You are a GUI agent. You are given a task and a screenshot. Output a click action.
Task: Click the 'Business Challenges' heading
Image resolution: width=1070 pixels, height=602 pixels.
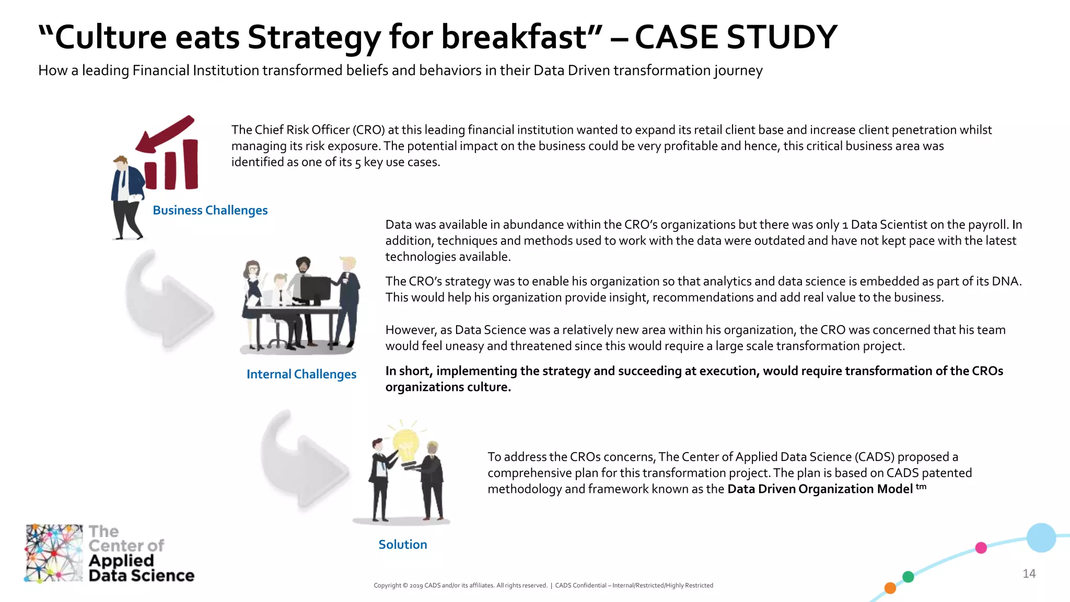210,210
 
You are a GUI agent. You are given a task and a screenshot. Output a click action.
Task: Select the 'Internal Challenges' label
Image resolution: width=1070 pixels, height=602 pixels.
301,374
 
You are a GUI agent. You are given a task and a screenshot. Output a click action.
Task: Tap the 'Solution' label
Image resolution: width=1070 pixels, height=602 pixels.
402,545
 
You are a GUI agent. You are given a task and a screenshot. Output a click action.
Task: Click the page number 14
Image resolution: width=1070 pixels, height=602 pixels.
1029,574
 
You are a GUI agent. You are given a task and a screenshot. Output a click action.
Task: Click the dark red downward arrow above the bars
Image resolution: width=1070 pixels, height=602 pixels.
164,134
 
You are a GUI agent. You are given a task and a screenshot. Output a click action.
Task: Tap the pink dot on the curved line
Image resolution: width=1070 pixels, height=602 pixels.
981,548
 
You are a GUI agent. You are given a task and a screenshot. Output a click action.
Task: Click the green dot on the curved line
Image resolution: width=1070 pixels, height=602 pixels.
908,577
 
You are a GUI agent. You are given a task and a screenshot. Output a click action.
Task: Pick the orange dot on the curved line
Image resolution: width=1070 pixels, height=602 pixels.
890,588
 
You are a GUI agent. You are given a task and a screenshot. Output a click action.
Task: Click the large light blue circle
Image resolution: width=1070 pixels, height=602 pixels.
1041,538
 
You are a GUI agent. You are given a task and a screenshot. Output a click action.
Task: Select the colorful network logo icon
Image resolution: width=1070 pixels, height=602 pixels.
54,553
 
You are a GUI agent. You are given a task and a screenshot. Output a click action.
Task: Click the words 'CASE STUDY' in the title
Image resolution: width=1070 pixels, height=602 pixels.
736,38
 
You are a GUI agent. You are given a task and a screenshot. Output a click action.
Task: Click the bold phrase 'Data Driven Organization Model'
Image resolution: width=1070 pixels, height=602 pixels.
820,489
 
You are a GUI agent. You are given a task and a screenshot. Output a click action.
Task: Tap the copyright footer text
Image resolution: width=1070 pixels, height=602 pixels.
543,585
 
